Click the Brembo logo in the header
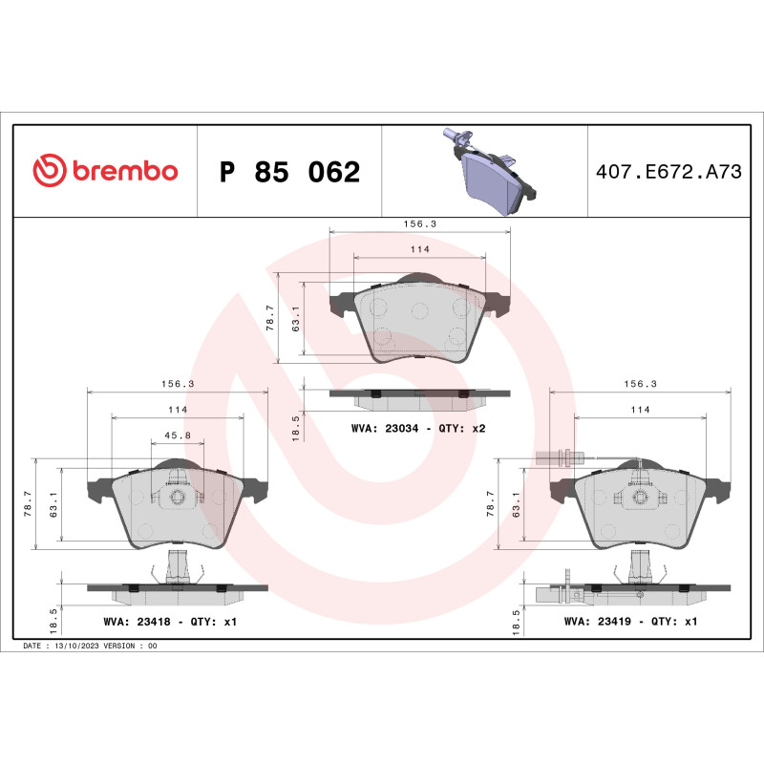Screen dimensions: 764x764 pyautogui.click(x=105, y=171)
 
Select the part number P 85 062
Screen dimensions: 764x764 pyautogui.click(x=289, y=173)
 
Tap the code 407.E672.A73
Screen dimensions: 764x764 pyautogui.click(x=668, y=172)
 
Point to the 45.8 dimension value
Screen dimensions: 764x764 pyautogui.click(x=178, y=435)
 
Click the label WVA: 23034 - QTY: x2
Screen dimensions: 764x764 pyautogui.click(x=418, y=429)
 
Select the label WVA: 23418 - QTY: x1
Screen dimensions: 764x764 pyautogui.click(x=169, y=621)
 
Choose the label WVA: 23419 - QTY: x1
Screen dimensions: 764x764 pyautogui.click(x=631, y=621)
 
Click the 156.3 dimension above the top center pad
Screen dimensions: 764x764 pyautogui.click(x=418, y=223)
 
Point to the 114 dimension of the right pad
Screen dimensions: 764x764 pyautogui.click(x=640, y=409)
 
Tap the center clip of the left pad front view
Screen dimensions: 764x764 pyautogui.click(x=177, y=497)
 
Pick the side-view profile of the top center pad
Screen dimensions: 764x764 pyautogui.click(x=418, y=393)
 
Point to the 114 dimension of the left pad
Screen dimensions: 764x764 pyautogui.click(x=178, y=409)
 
